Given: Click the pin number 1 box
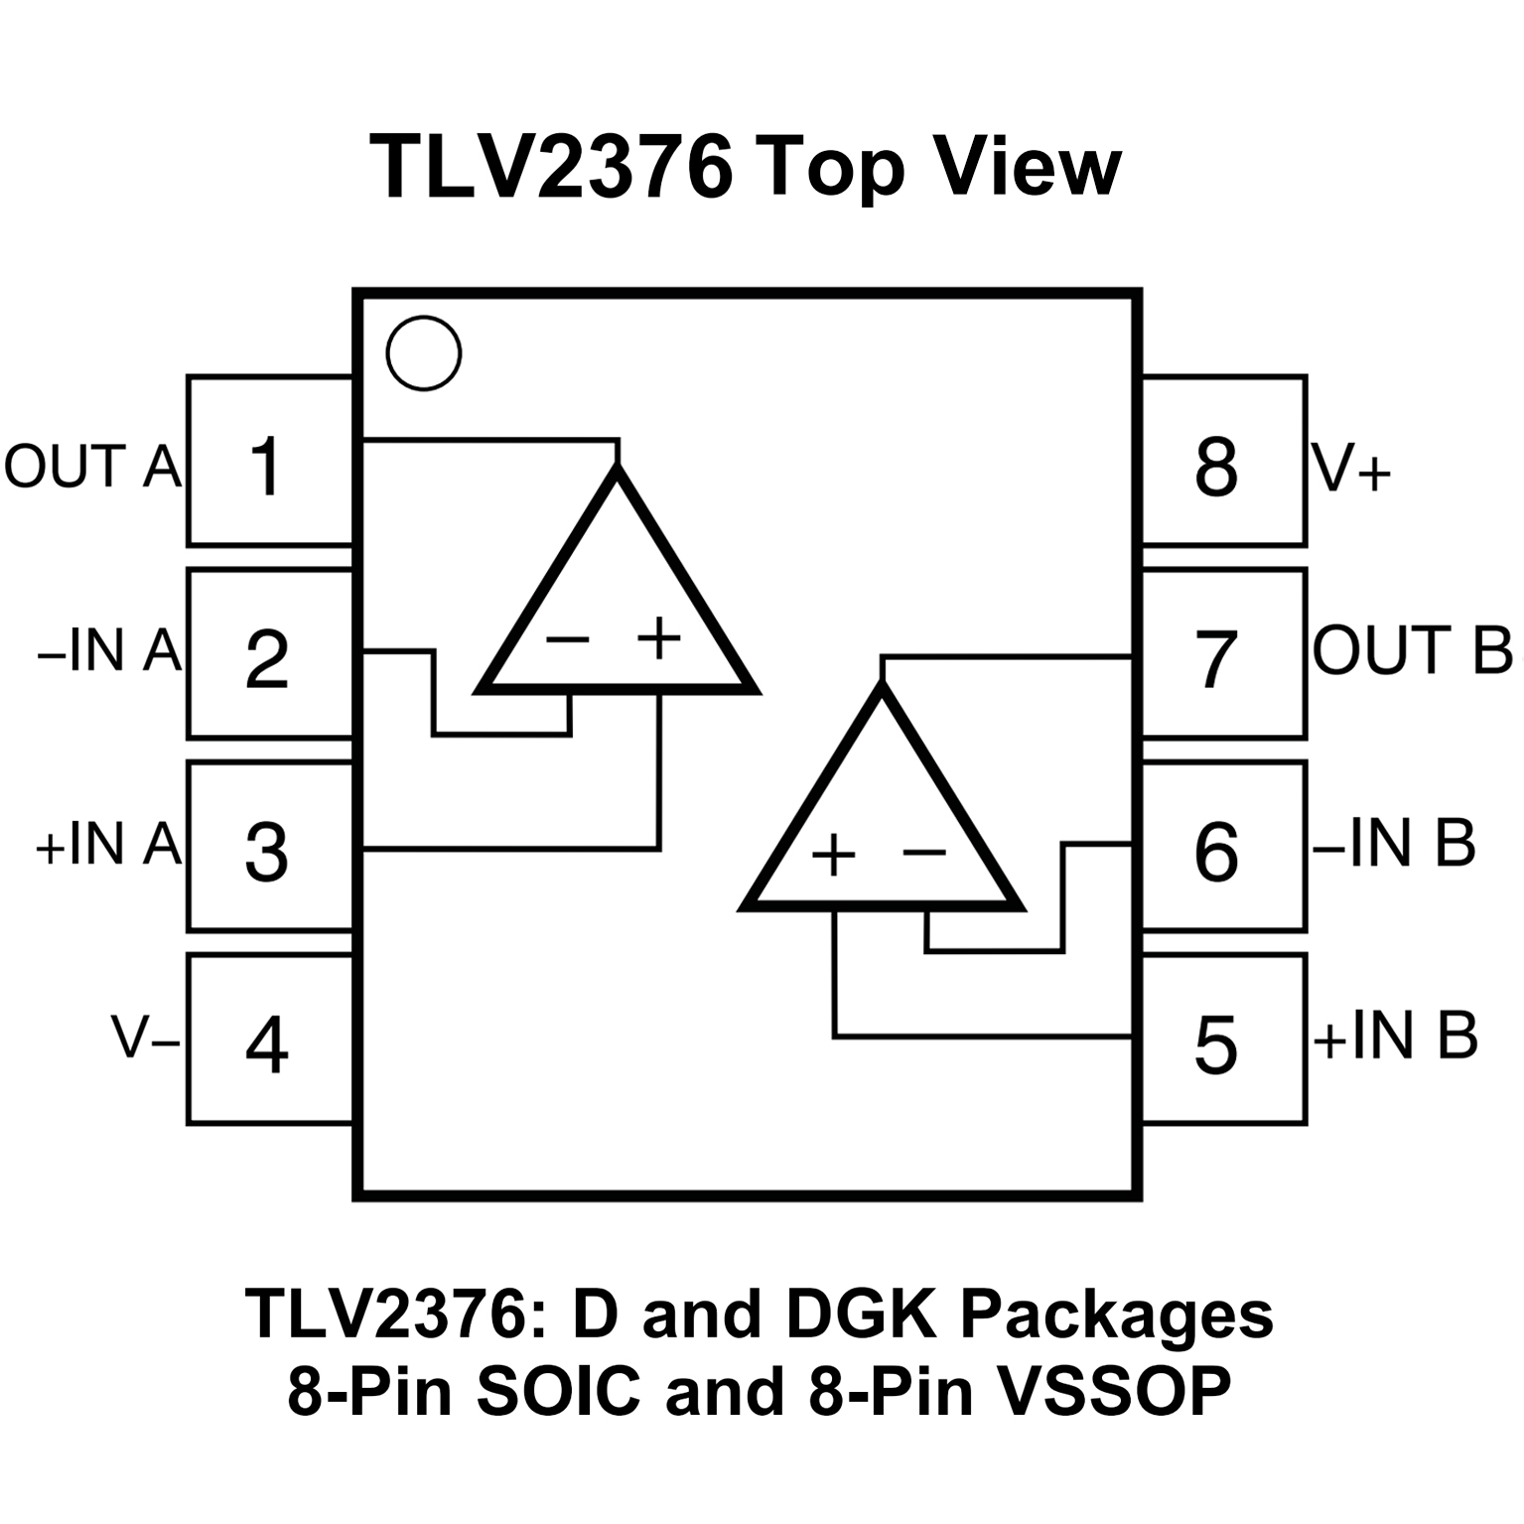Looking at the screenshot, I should (x=268, y=463).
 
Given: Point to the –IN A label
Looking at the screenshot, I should (x=109, y=652).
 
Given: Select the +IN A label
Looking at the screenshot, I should (x=109, y=845).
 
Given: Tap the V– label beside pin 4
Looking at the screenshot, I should (x=145, y=1038).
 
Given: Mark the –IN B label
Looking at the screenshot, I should (x=1395, y=843).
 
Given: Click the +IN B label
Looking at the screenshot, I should (x=1395, y=1036).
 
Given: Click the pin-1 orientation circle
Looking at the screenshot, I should (x=424, y=353).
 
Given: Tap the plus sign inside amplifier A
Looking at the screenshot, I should (x=659, y=638).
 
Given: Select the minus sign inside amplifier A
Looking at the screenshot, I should (x=568, y=640).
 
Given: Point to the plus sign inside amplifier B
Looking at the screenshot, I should (x=834, y=854).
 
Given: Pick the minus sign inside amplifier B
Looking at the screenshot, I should (x=924, y=852).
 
